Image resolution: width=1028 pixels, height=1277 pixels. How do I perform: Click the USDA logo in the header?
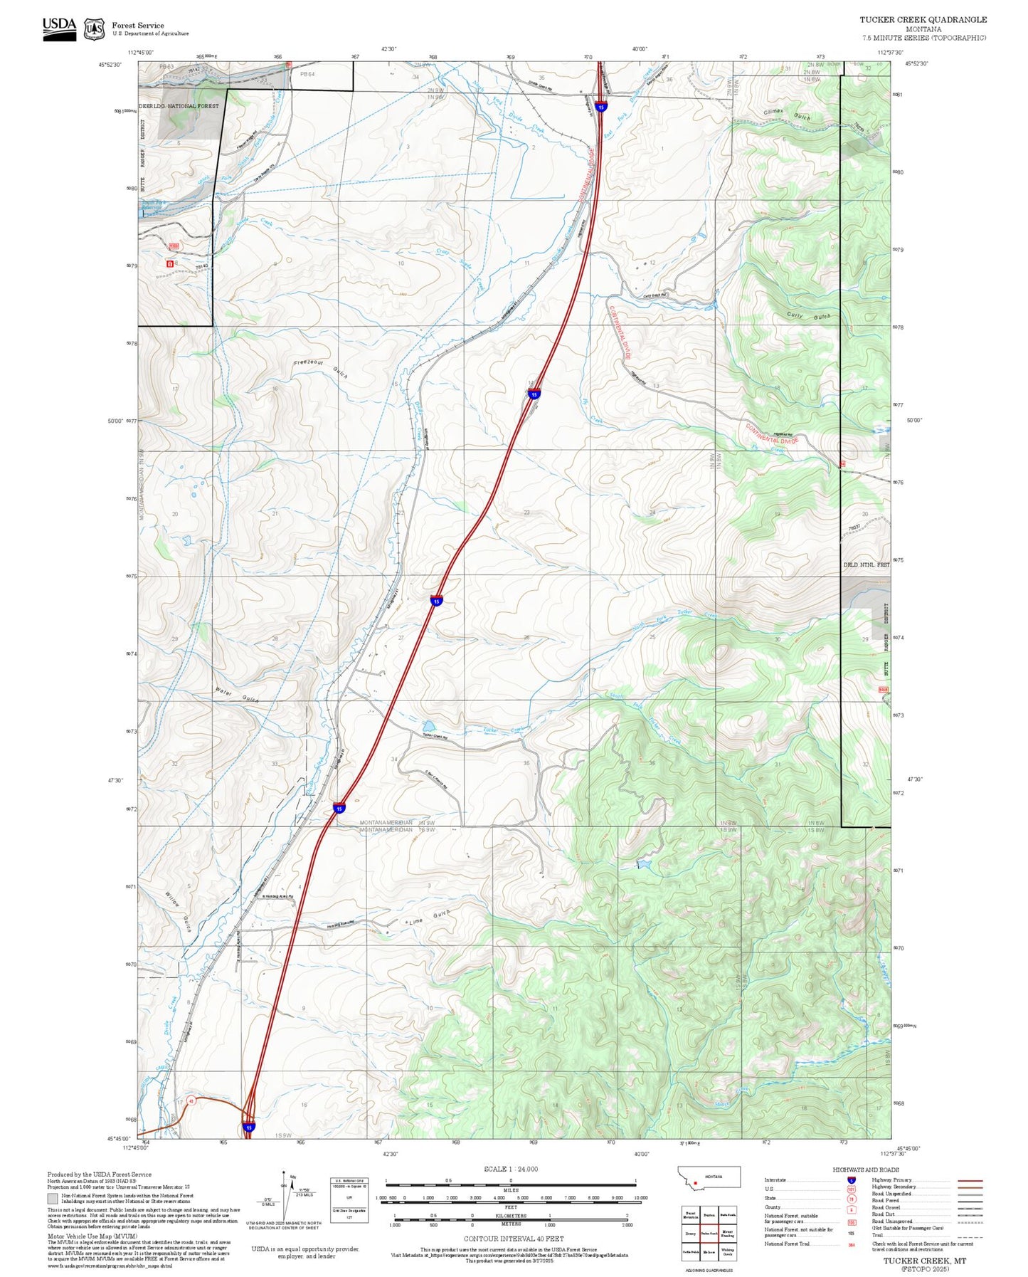59,28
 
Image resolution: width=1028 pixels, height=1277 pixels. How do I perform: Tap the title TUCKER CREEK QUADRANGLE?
923,20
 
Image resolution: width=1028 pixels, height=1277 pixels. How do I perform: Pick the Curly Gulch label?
808,316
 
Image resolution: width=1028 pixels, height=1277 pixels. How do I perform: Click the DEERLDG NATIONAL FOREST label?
179,106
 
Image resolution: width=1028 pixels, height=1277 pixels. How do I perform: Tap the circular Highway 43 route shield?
191,1101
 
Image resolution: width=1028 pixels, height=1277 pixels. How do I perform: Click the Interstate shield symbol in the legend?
852,1180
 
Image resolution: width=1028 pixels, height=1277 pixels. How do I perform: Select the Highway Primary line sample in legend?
970,1180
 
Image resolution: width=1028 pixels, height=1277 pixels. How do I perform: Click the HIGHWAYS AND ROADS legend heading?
866,1170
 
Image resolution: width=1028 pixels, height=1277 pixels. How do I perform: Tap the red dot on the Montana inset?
695,1184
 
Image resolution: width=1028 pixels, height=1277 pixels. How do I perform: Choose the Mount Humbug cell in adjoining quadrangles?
727,1234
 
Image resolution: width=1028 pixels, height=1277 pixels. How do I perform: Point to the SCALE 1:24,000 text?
511,1169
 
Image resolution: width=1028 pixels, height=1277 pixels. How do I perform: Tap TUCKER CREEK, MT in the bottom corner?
924,1261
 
